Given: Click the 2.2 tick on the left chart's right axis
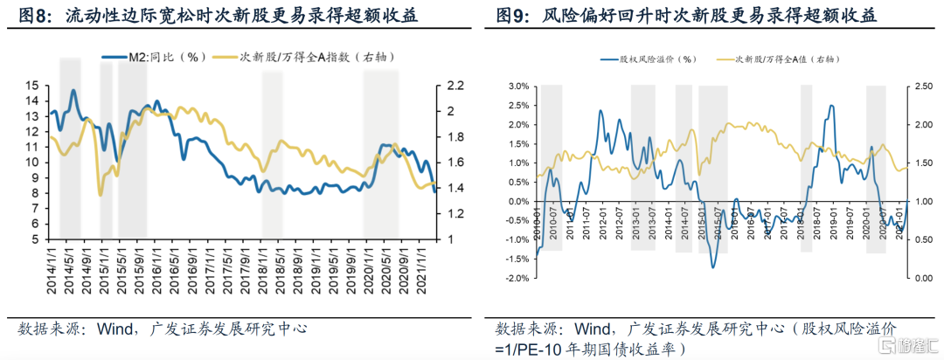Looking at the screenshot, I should point(455,86).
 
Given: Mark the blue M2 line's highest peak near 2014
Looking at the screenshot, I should point(73,90).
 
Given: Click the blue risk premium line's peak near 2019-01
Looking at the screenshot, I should point(830,106).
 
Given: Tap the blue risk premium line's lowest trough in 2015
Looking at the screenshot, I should point(713,267).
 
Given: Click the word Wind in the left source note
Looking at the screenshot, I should point(107,329).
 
